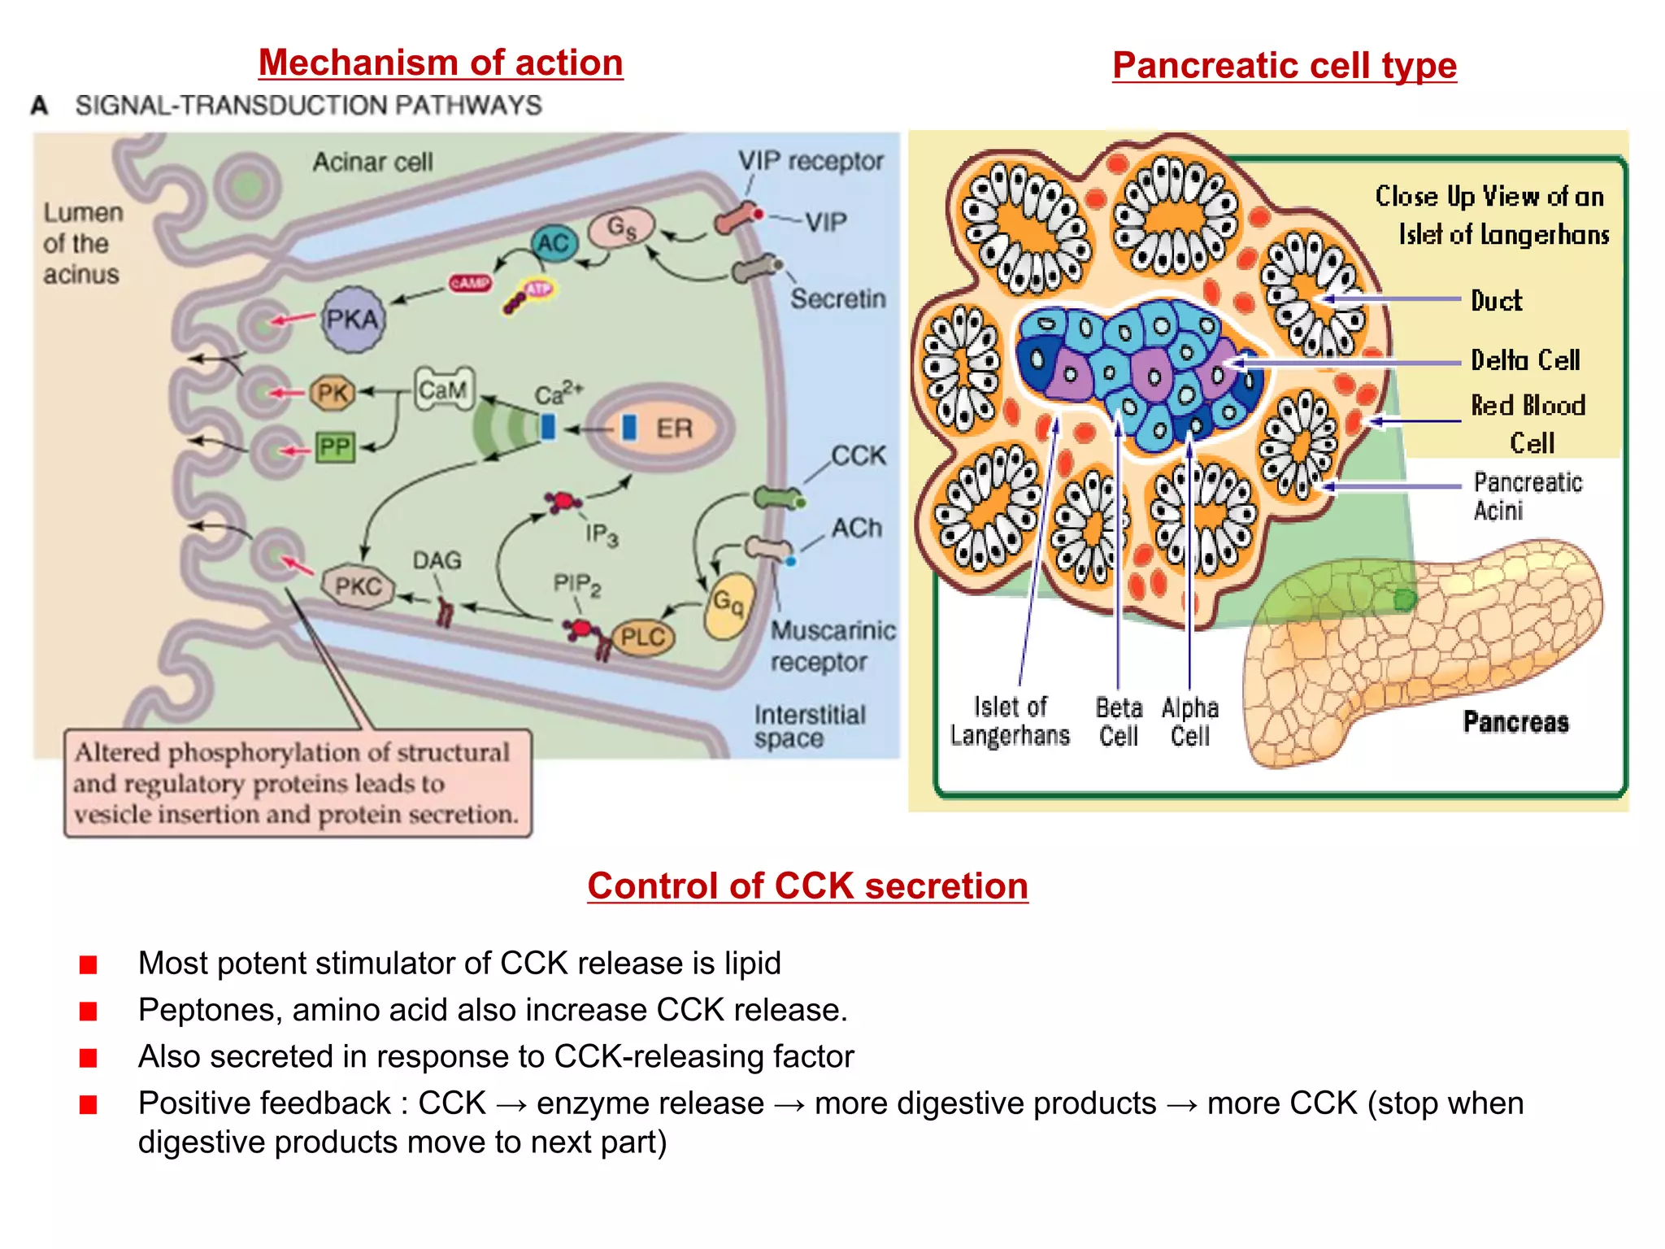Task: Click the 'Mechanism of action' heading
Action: (441, 63)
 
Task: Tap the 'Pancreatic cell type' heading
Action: (1284, 66)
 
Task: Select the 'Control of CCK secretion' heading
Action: (807, 886)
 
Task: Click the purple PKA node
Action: (352, 319)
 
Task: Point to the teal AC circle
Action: (554, 242)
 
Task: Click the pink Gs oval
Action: (622, 227)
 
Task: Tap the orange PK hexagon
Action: (333, 394)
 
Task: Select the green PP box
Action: (334, 446)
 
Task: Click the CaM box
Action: (443, 389)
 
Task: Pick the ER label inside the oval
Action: (674, 428)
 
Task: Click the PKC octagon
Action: (358, 585)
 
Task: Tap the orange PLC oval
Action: (642, 637)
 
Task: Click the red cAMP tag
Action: (471, 283)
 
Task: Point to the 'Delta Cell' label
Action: (1525, 360)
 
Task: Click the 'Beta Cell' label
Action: (1119, 721)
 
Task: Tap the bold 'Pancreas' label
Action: (1515, 721)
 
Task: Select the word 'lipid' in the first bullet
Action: (752, 963)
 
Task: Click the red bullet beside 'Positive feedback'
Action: (89, 1104)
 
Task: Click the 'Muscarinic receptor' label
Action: (832, 646)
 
